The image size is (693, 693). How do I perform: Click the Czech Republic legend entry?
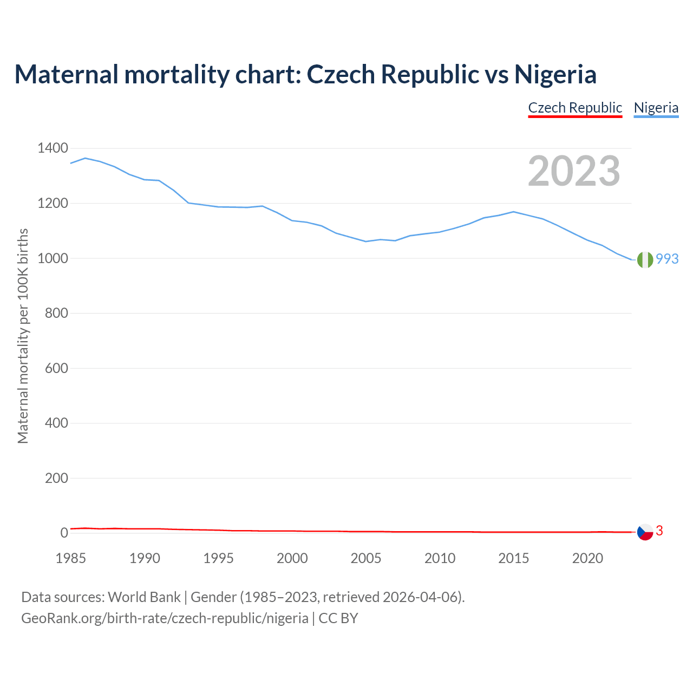(575, 108)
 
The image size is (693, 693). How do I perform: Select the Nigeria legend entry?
(656, 108)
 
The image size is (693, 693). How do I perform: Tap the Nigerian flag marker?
(645, 260)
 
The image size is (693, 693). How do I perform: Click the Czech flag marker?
(645, 532)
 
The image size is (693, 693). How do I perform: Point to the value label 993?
(667, 259)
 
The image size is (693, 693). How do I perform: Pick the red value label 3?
(659, 531)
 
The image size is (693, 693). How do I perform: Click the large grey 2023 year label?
(574, 171)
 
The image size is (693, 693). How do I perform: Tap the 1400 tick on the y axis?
(53, 148)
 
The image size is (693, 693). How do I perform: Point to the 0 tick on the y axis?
(64, 533)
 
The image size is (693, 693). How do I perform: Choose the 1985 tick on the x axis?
(71, 558)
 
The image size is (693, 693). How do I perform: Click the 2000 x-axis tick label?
(292, 558)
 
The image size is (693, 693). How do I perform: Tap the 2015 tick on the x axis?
(514, 558)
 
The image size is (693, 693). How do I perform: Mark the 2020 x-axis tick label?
(587, 558)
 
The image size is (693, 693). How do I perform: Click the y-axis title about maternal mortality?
(23, 336)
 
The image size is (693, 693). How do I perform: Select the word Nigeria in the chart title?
(555, 75)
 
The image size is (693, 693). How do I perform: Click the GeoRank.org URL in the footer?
(165, 618)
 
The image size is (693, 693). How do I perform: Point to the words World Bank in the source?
(144, 597)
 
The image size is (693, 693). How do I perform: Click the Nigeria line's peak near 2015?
(513, 212)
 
